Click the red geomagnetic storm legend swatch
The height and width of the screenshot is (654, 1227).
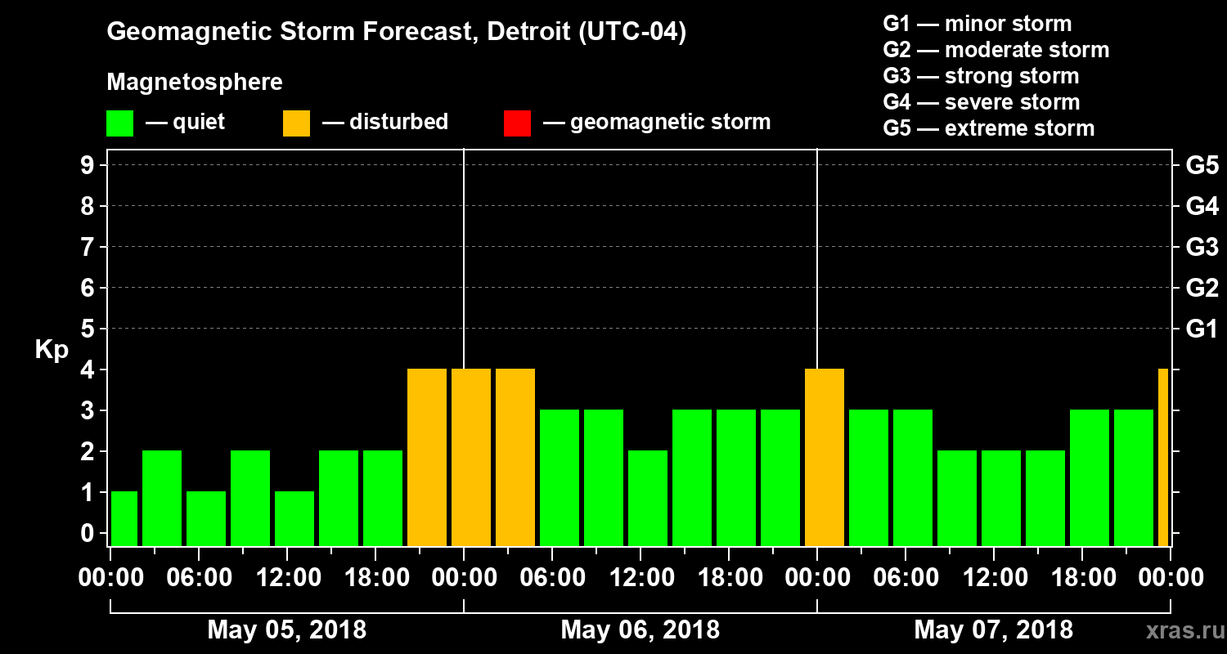[x=517, y=123]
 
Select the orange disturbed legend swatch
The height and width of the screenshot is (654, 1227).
[x=296, y=123]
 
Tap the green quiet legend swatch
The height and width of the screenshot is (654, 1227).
[x=119, y=123]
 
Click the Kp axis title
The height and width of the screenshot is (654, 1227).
[x=52, y=349]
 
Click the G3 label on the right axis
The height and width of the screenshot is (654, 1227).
[x=1202, y=247]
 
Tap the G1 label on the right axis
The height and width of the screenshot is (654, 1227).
[x=1202, y=329]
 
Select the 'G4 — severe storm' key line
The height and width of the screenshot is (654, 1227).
[x=981, y=102]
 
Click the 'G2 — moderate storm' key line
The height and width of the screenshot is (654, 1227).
[x=996, y=50]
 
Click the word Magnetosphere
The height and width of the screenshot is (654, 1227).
[x=195, y=83]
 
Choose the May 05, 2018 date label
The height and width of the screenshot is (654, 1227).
[x=287, y=629]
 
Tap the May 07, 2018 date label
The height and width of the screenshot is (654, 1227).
[x=993, y=629]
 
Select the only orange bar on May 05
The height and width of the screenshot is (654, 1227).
[x=427, y=457]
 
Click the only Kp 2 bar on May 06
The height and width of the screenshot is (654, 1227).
[x=648, y=498]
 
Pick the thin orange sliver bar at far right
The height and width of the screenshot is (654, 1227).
[x=1163, y=457]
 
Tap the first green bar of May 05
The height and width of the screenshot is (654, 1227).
[x=124, y=518]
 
